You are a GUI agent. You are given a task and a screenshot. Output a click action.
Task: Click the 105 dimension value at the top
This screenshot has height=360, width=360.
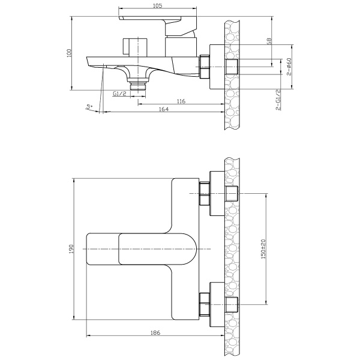[157, 5]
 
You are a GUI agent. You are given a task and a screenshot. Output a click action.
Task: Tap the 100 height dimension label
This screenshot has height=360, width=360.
[70, 53]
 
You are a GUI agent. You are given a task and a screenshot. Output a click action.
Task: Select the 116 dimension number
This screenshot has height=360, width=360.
[181, 101]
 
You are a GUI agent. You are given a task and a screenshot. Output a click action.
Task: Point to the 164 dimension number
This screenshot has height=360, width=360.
[163, 109]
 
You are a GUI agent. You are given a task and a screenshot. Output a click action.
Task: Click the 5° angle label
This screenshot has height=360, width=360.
[89, 107]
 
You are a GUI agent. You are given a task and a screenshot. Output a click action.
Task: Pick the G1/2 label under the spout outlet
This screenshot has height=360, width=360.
[119, 94]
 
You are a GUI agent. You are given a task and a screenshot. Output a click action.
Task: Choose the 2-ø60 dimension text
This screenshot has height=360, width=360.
[289, 67]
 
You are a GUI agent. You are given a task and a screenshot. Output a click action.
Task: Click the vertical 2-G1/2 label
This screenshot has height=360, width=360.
[278, 100]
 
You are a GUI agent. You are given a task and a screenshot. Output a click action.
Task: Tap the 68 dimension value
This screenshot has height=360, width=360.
[269, 41]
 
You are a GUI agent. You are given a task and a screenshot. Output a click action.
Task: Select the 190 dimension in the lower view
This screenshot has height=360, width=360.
[71, 249]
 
